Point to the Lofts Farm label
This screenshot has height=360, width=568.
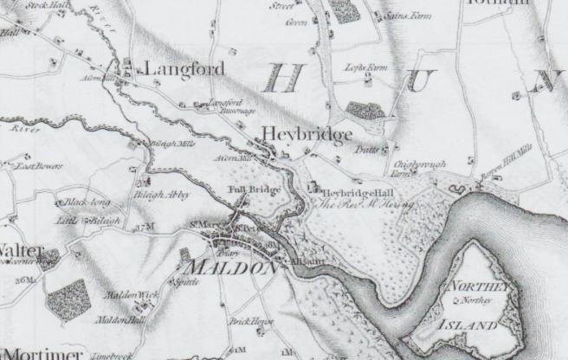(363, 67)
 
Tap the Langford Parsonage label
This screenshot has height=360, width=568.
(225, 106)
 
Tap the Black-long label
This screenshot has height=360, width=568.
(86, 203)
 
